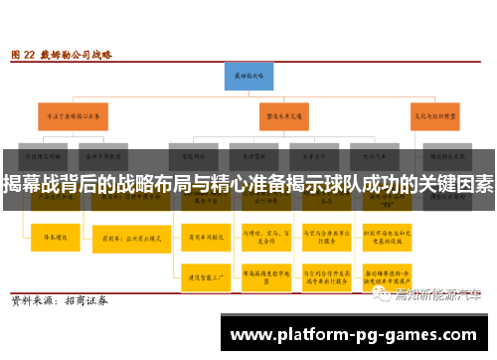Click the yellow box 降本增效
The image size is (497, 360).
coord(51,238)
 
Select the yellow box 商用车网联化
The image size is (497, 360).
coord(200,239)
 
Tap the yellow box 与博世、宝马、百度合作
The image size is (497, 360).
coord(261,239)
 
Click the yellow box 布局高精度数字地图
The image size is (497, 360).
coord(261,277)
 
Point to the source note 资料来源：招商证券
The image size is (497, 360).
coord(60,300)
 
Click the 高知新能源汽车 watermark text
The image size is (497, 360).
coord(437,293)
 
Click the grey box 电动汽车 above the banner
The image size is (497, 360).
coord(384,155)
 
